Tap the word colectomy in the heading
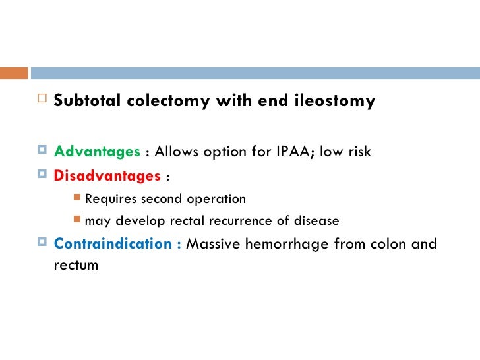click(155, 102)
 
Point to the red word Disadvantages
click(107, 176)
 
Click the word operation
click(216, 198)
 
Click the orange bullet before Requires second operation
click(77, 198)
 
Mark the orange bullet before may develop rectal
click(77, 220)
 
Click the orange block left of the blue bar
click(13, 72)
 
